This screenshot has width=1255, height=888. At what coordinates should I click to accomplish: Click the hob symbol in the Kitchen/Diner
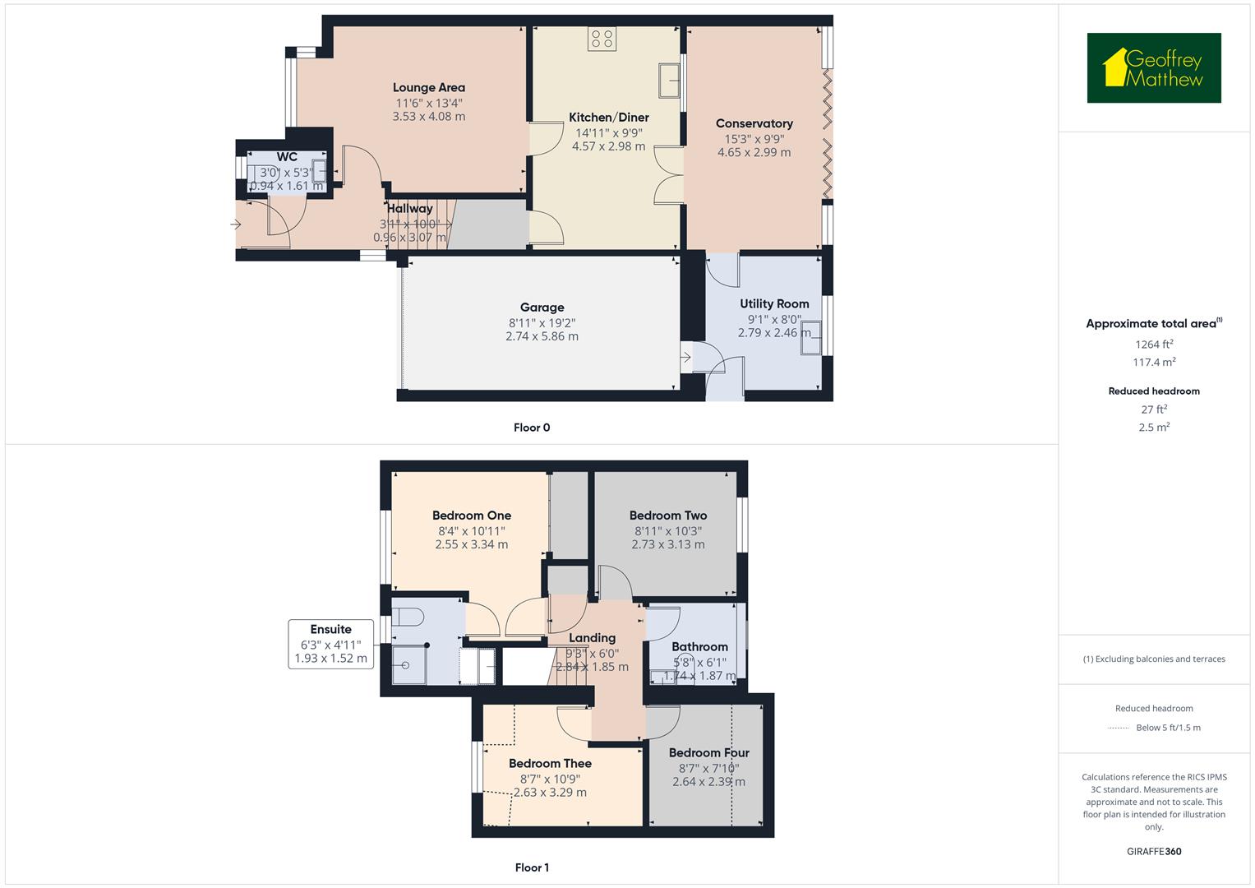tap(602, 39)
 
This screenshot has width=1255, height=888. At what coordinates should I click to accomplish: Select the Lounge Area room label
tap(428, 88)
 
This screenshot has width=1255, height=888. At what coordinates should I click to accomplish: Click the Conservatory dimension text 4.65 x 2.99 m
tap(754, 152)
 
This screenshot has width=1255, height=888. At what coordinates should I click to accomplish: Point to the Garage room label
tap(542, 308)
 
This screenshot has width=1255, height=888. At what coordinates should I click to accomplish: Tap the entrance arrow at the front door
tap(237, 224)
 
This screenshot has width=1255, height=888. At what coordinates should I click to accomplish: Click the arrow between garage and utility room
tap(685, 357)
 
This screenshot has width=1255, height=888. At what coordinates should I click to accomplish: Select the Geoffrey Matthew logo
tap(1154, 68)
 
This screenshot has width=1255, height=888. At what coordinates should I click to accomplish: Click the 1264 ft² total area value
tap(1154, 344)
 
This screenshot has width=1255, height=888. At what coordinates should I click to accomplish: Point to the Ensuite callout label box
tap(330, 644)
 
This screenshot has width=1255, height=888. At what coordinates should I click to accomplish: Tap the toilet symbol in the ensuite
tap(408, 617)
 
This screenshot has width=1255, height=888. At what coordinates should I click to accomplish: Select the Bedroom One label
tap(472, 516)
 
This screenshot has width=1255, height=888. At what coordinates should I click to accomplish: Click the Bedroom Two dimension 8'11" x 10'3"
tap(667, 530)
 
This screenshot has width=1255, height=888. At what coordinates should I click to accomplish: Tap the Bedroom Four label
tap(708, 752)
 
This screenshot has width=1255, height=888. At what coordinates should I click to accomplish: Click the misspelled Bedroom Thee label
tap(550, 763)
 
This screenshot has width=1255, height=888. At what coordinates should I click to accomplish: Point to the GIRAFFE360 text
tap(1154, 851)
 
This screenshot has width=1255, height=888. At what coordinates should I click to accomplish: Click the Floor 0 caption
tap(532, 428)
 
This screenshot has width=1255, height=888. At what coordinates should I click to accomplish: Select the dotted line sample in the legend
tap(1119, 728)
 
